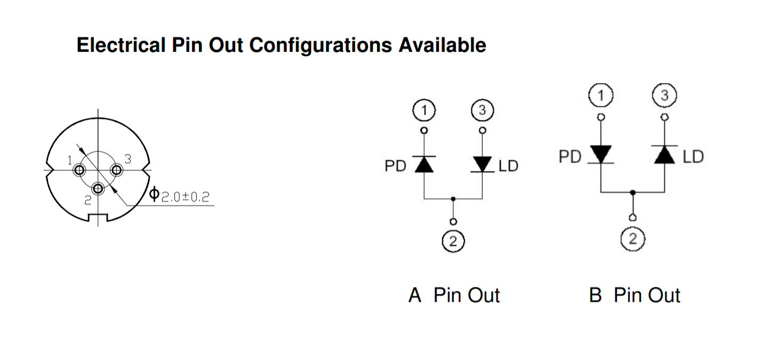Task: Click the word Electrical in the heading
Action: point(121,45)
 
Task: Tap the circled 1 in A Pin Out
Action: point(424,111)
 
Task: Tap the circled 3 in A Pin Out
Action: point(482,111)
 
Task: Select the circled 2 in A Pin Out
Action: point(453,241)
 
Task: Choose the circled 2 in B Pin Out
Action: point(632,238)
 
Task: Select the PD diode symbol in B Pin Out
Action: point(601,154)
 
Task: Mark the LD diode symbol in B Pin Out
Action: point(664,154)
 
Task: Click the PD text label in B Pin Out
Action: point(570,157)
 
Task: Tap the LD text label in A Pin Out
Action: point(508,166)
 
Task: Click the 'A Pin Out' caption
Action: point(454,295)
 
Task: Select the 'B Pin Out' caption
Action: point(635,295)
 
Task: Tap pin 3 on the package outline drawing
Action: point(116,170)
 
